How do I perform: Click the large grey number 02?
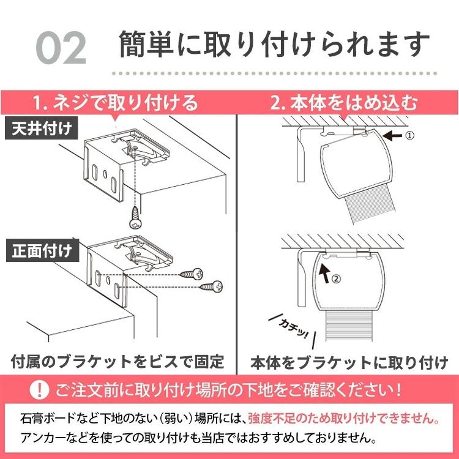click(x=61, y=48)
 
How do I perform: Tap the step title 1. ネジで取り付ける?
click(x=116, y=102)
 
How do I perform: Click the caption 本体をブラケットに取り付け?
click(x=349, y=362)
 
